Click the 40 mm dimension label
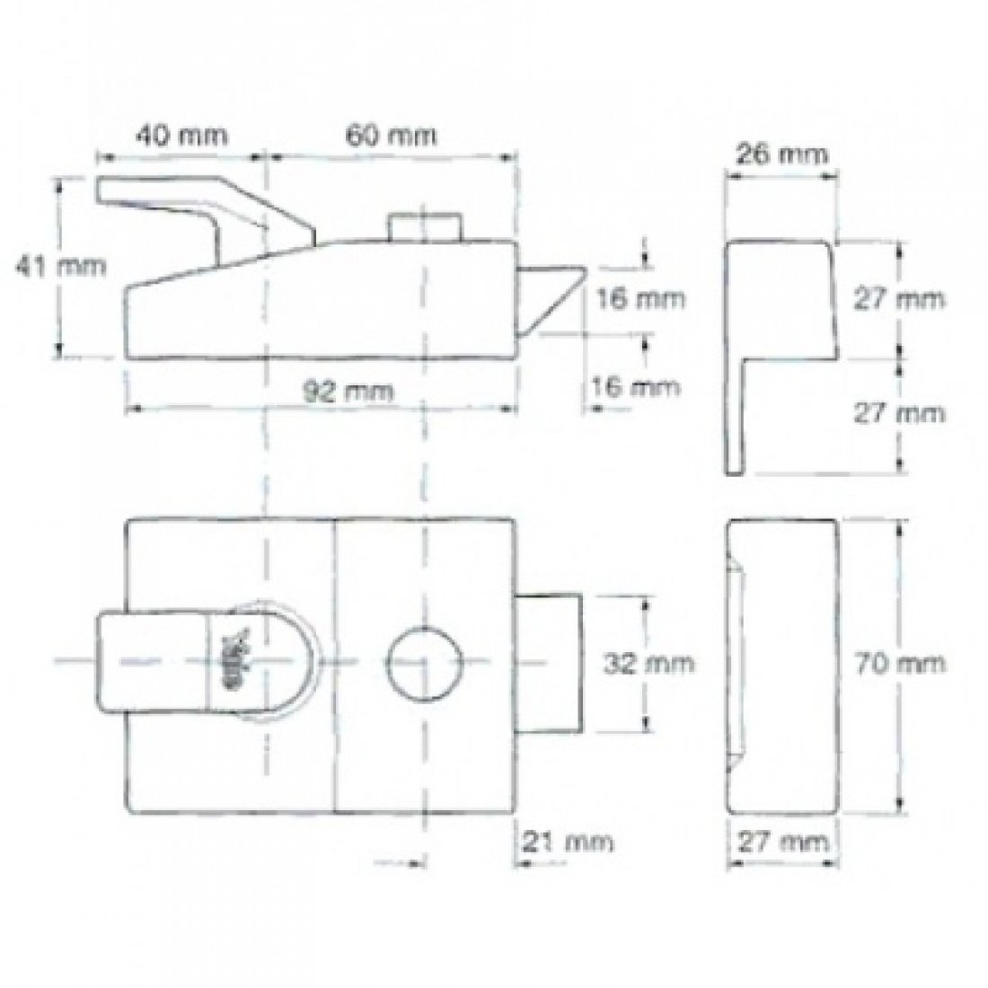pos(181,136)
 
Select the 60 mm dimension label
pos(390,136)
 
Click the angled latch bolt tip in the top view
pos(551,294)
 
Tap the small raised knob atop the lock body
pos(426,226)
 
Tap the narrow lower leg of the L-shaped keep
pos(740,413)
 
